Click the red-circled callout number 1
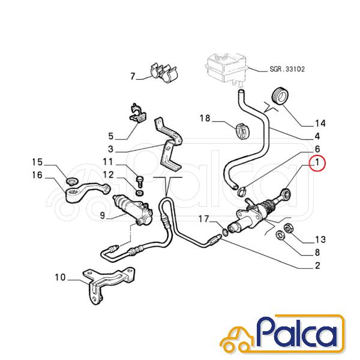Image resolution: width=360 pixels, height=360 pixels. [x=317, y=163]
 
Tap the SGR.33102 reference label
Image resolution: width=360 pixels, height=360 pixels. [x=287, y=69]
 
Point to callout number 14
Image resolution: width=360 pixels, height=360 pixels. [x=320, y=124]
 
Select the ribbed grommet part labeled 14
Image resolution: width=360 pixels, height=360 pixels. [x=280, y=96]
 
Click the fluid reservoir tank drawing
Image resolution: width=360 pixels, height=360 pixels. [x=227, y=68]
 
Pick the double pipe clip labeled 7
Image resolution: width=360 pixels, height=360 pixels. [x=164, y=71]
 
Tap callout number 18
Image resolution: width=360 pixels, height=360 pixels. [x=205, y=118]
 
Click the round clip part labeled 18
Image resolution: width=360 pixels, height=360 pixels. [x=242, y=131]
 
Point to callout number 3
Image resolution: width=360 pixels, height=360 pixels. [x=111, y=149]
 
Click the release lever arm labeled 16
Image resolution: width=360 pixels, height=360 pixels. [x=88, y=193]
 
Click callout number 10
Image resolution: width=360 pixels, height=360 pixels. [x=61, y=277]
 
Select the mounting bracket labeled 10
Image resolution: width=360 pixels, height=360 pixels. [x=109, y=286]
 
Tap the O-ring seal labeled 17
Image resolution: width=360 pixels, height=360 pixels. [x=225, y=232]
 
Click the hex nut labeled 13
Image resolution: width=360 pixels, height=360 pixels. [x=287, y=228]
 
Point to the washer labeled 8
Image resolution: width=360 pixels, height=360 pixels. [x=280, y=235]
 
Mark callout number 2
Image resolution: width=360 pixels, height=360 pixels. [x=317, y=266]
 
